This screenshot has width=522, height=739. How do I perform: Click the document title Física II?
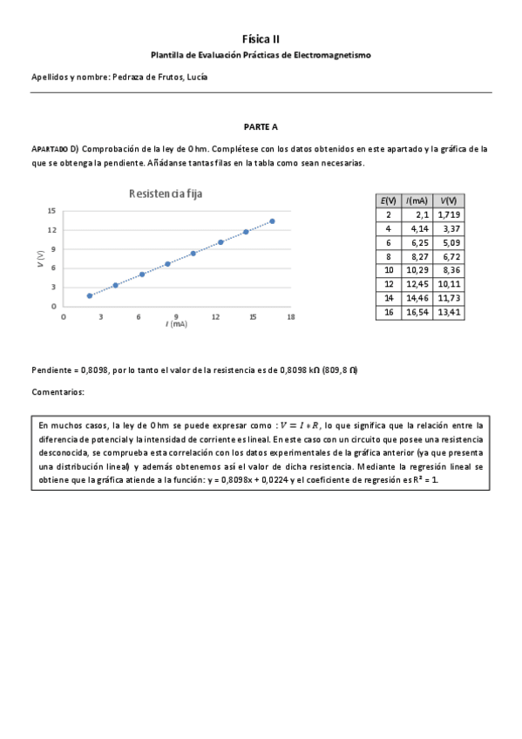[x=261, y=38]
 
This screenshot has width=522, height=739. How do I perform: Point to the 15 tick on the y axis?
[x=52, y=211]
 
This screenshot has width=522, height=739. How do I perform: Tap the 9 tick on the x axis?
[x=176, y=316]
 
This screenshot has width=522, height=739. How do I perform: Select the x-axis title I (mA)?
[x=177, y=324]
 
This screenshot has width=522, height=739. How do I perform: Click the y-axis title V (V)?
[x=41, y=258]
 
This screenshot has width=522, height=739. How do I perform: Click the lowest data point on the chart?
[x=90, y=295]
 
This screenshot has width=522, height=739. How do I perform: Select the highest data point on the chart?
[x=272, y=221]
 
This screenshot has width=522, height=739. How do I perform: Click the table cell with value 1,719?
[x=449, y=214]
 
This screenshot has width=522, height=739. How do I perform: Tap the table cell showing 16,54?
[x=417, y=311]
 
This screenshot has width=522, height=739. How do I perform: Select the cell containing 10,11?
[x=450, y=283]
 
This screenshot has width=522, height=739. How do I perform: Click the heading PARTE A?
[x=261, y=126]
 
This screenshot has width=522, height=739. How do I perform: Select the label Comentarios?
[x=58, y=392]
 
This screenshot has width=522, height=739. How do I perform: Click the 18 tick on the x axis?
[x=290, y=316]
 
